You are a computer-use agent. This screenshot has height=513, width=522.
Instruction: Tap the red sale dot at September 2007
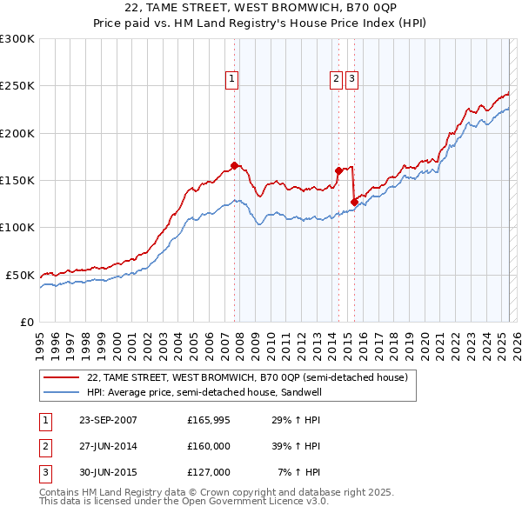point(234,165)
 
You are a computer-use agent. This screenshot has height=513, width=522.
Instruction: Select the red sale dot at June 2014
point(338,170)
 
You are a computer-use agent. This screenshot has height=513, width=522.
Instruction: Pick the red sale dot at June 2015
point(354,202)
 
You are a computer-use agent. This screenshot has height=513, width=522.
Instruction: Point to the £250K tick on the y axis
point(17,86)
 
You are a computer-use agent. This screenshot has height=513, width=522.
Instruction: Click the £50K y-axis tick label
point(20,275)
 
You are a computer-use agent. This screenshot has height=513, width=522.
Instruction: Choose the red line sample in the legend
point(62,377)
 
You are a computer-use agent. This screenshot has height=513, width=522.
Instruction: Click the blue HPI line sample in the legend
point(62,392)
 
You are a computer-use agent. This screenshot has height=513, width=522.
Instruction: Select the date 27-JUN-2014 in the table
point(108,446)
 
